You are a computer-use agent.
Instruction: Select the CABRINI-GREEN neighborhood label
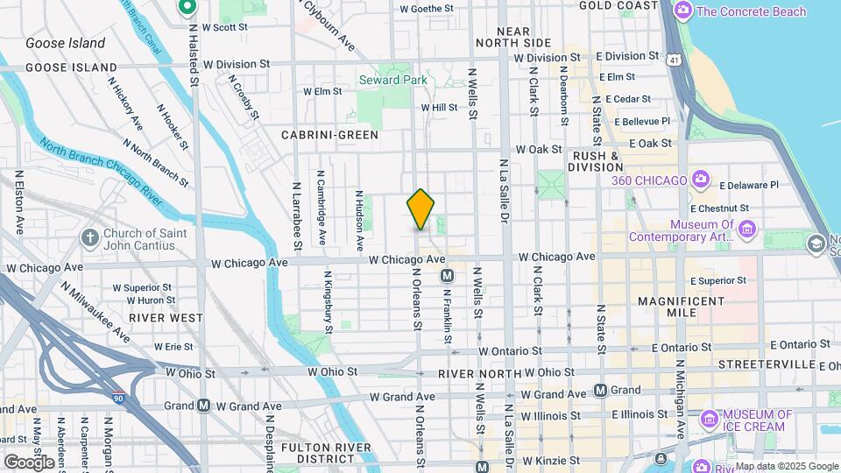[329, 135]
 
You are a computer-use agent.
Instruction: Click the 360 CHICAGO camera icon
[701, 180]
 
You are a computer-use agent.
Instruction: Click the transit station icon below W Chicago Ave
[447, 276]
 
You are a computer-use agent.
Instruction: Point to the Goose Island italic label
[65, 43]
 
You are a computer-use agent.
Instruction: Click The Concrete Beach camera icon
[683, 11]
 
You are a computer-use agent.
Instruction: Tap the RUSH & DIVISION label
[594, 161]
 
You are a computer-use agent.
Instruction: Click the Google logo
[29, 462]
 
